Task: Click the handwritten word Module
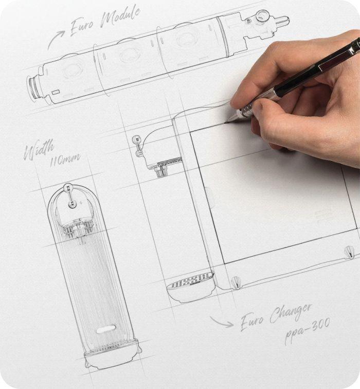click(x=121, y=17)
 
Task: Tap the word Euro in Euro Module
click(x=82, y=26)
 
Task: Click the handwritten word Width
click(x=39, y=150)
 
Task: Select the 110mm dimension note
click(x=65, y=160)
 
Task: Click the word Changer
click(x=291, y=314)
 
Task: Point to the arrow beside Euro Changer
click(x=222, y=322)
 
